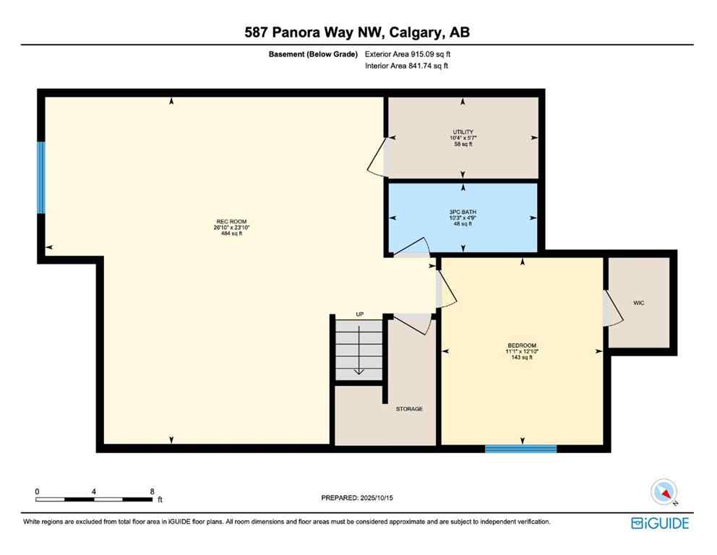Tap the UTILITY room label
pos(463,132)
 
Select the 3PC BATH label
pos(463,212)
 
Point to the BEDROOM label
pos(522,345)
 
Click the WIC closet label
pos(638,303)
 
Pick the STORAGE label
pos(409,409)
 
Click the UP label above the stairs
pos(359,314)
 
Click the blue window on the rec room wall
pos(41,178)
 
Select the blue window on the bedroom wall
pos(520,449)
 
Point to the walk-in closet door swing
pos(614,309)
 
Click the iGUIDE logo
pos(659,523)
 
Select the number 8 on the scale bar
pos(152,491)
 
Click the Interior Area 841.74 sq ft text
pos(407,66)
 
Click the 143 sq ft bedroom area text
pos(522,358)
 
